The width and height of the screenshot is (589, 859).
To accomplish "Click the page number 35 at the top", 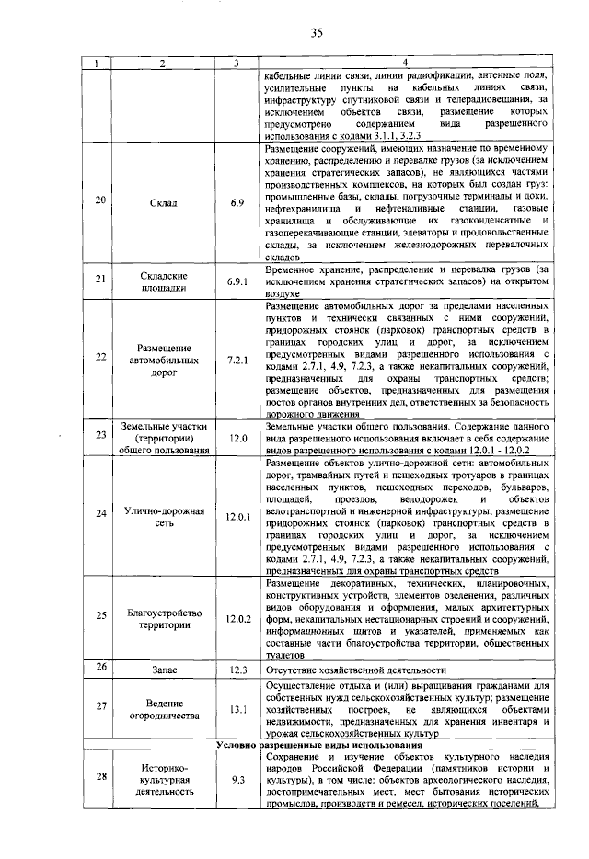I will (316, 34).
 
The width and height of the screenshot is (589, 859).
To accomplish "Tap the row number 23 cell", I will (99, 435).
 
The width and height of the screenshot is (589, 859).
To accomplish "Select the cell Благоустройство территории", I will (163, 618).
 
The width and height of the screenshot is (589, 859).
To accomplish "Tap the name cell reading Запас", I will (163, 670).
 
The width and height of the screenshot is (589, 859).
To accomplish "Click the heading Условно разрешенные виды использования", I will (316, 744).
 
